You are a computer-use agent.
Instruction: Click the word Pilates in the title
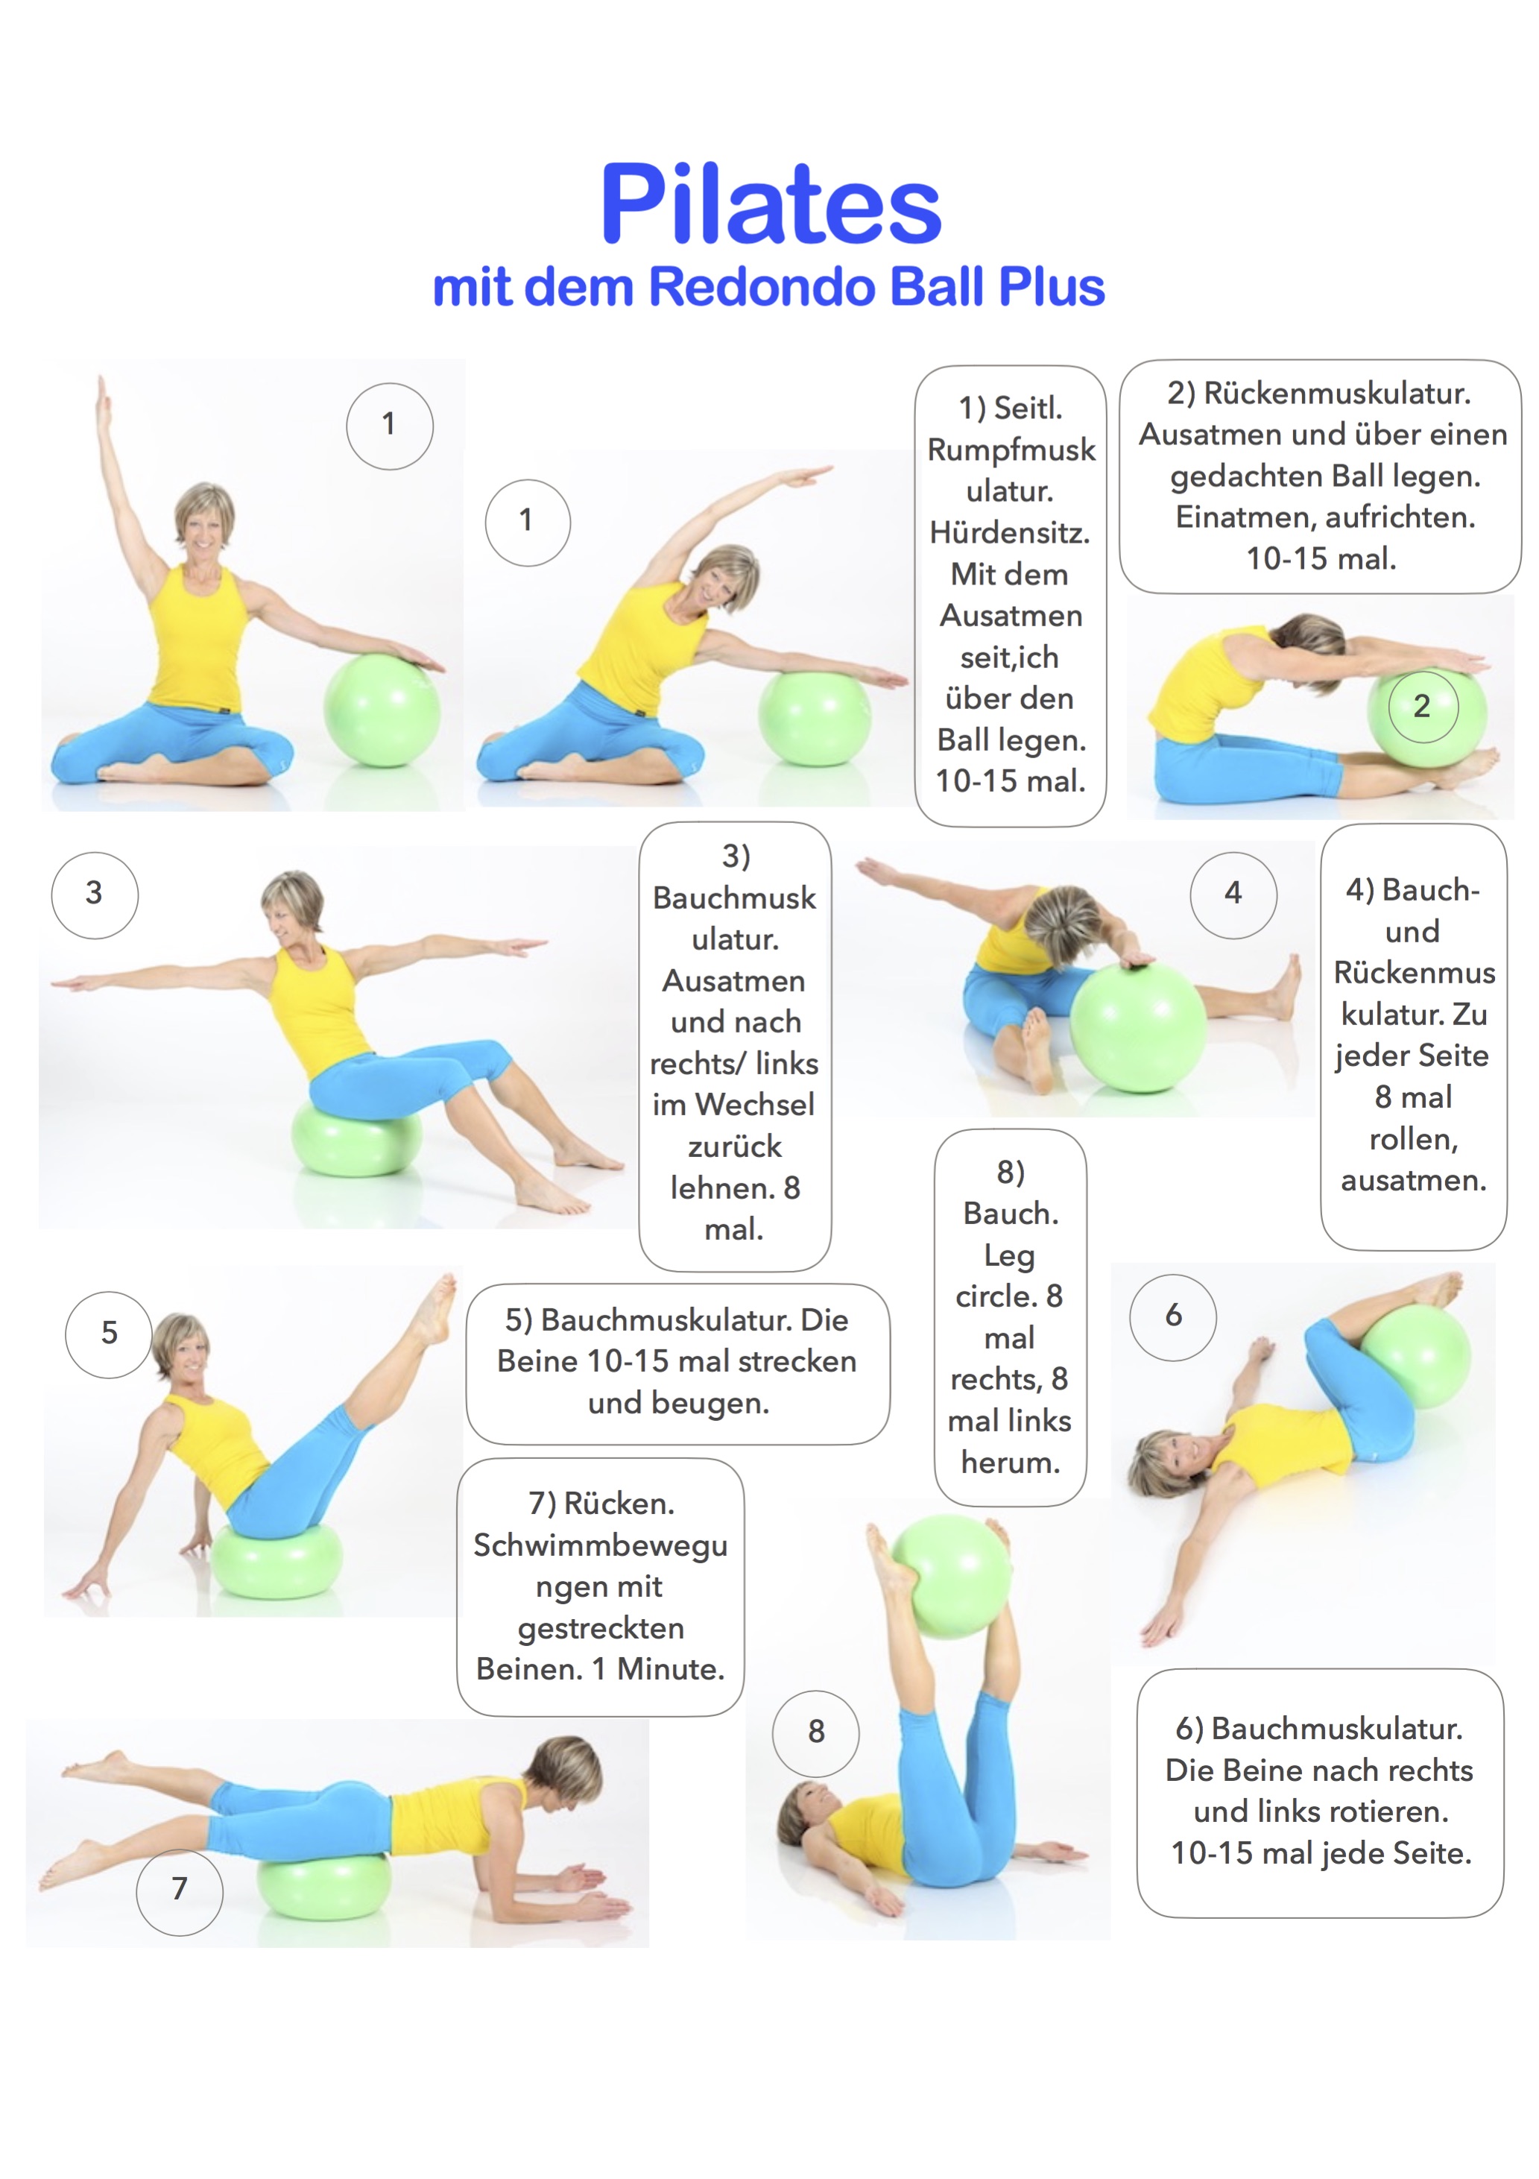click(771, 204)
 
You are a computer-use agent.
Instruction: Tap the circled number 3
click(94, 894)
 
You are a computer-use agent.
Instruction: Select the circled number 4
click(1233, 894)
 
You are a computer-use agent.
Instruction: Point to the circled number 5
click(109, 1334)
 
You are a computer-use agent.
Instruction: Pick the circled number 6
click(1173, 1316)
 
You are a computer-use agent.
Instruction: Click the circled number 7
click(180, 1891)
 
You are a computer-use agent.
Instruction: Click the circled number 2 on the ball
click(1422, 706)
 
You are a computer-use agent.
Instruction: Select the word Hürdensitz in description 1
click(1010, 532)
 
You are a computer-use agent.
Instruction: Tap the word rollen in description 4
click(1413, 1139)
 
